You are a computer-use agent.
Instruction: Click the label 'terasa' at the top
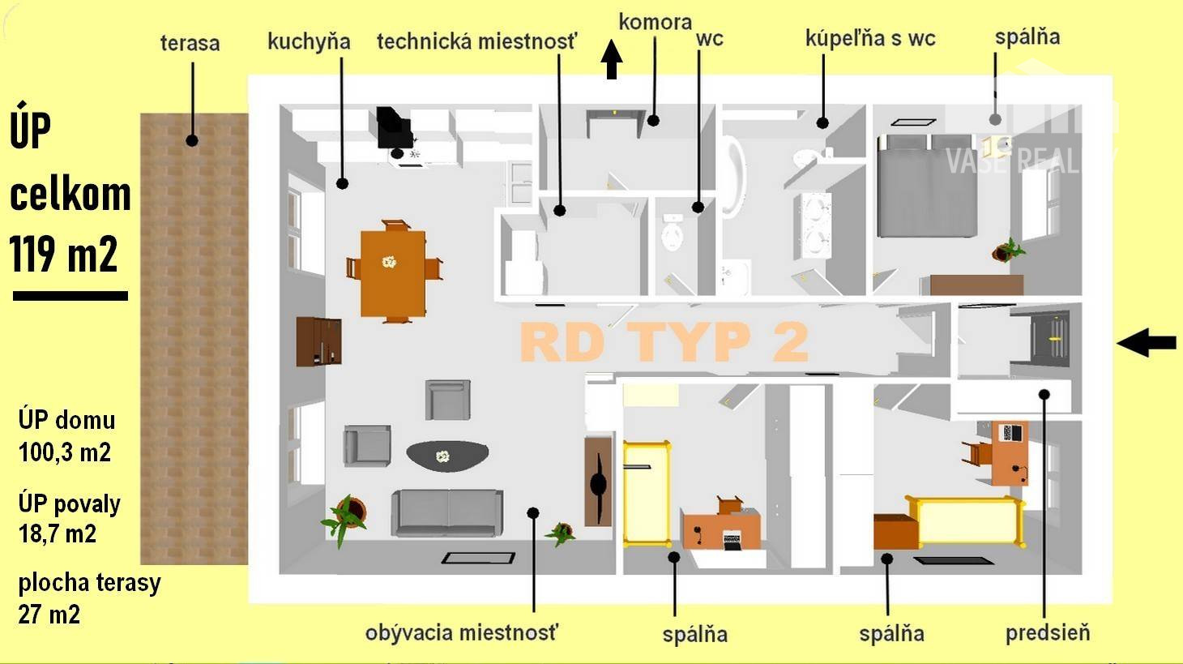pos(190,43)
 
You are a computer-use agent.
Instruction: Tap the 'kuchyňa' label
pos(309,42)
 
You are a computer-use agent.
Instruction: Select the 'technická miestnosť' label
pos(477,41)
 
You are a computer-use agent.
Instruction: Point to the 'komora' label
pos(655,22)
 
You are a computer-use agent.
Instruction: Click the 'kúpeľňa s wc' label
pos(870,38)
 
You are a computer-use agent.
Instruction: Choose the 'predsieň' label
pos(1048,632)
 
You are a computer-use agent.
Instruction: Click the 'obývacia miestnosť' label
pos(462,632)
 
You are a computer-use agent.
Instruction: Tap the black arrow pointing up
pos(612,61)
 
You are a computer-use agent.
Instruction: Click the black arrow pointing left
pos(1147,343)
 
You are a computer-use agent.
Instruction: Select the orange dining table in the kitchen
pos(393,272)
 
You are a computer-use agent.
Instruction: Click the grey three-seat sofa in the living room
pos(446,512)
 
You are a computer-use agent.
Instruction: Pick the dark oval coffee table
pos(447,456)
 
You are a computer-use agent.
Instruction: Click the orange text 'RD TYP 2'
pos(664,341)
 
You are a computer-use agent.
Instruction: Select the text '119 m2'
pos(64,254)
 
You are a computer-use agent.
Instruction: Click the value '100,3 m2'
pos(65,452)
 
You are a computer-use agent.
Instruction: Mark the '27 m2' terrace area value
pos(49,615)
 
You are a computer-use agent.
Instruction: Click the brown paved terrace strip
pos(194,341)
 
